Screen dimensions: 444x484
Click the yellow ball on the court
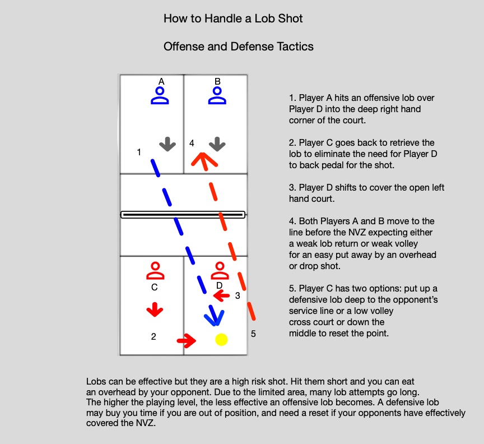221,340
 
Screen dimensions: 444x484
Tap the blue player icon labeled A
160,96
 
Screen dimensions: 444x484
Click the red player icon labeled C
155,271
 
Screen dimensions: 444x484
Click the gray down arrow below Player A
167,145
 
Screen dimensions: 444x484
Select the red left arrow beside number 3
222,295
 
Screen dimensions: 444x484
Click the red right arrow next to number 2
186,340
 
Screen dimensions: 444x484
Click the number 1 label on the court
139,152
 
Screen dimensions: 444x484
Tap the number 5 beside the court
253,334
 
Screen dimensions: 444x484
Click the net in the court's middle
183,214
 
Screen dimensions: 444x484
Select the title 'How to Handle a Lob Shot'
233,18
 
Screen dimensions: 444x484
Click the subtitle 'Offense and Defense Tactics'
238,47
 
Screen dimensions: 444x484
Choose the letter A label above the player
161,81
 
